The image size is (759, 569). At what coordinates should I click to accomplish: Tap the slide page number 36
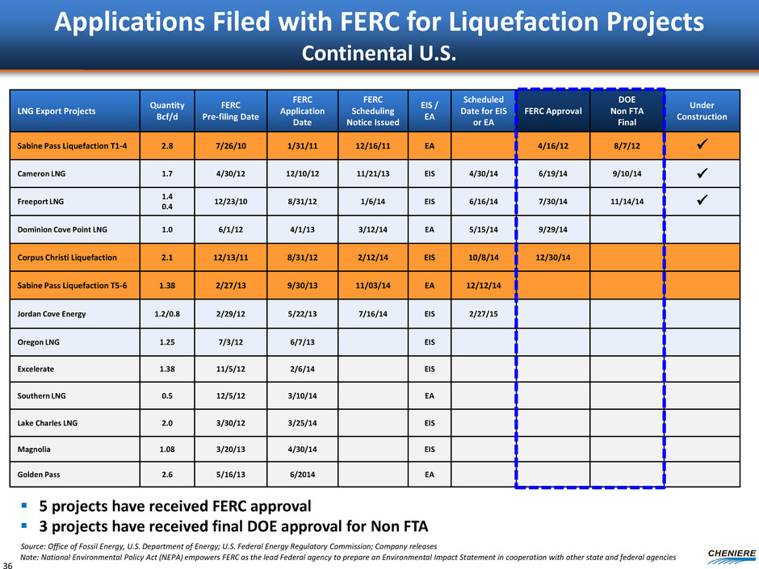coord(9,562)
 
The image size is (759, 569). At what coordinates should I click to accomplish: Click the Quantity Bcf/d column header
coord(166,111)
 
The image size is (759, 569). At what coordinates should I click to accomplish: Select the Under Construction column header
coord(701,111)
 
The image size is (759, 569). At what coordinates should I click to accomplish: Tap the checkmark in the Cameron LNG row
coord(701,173)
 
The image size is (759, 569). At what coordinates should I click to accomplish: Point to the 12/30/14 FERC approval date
coord(553,257)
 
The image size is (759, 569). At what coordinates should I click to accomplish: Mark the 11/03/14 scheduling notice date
coord(371,286)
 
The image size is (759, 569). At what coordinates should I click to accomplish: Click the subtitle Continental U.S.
coord(379,54)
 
